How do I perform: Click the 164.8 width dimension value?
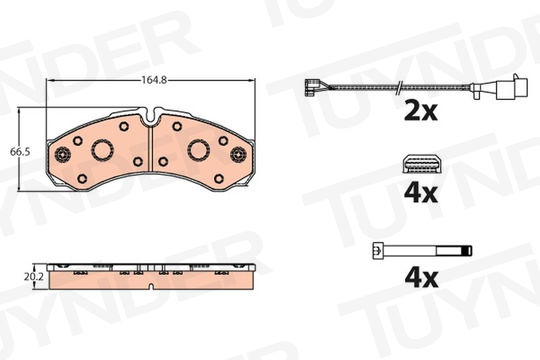[154, 80]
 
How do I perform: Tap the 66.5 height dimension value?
[20, 152]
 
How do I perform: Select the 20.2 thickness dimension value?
[33, 277]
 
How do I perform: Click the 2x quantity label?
[421, 111]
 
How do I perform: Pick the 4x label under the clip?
[421, 193]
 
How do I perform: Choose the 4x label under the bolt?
[421, 278]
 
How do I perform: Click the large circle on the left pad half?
[102, 150]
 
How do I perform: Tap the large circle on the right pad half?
[199, 150]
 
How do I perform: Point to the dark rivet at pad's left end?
[63, 154]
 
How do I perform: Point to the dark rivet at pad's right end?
[238, 154]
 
